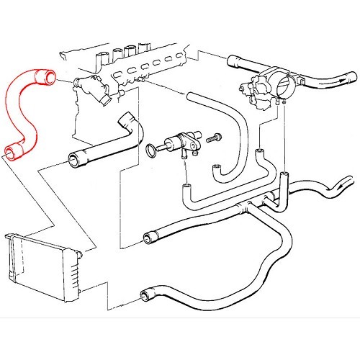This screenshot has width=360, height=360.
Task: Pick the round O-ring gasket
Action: coord(150,151)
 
